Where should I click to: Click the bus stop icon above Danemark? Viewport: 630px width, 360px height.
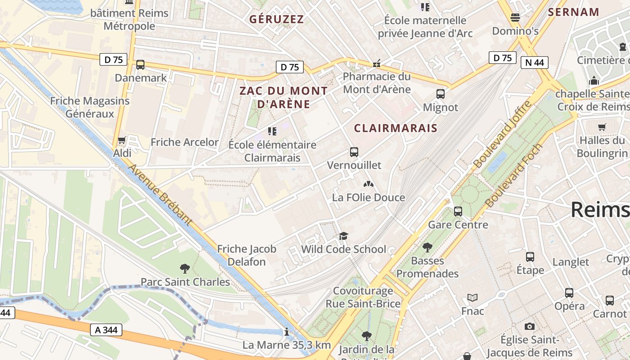(x=140, y=65)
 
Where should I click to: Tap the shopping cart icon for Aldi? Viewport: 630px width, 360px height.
(x=121, y=140)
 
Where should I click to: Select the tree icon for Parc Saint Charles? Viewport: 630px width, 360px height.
(x=184, y=269)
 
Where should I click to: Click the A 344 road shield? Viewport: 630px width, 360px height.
(x=106, y=330)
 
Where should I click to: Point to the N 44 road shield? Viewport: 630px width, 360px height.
(x=534, y=62)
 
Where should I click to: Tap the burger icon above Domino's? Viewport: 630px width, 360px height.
(x=515, y=18)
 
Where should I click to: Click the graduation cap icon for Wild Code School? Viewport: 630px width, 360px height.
(x=343, y=236)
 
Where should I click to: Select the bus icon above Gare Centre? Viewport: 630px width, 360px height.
(x=458, y=211)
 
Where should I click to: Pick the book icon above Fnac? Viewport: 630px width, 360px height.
(x=472, y=297)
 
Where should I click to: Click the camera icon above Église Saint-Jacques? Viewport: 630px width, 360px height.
(x=529, y=326)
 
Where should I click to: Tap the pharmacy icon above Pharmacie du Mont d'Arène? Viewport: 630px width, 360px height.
(x=377, y=63)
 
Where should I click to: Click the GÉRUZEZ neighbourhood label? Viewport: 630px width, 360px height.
(x=276, y=19)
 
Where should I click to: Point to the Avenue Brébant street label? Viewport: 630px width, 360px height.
(x=160, y=194)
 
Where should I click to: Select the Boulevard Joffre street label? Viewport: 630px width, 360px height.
(x=503, y=135)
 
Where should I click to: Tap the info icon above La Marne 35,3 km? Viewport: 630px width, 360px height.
(x=287, y=332)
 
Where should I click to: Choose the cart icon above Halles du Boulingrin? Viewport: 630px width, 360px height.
(x=602, y=127)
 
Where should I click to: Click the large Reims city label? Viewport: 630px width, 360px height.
(x=600, y=210)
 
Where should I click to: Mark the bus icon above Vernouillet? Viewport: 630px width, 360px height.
(x=354, y=152)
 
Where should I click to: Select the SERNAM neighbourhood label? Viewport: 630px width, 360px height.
(x=573, y=12)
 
